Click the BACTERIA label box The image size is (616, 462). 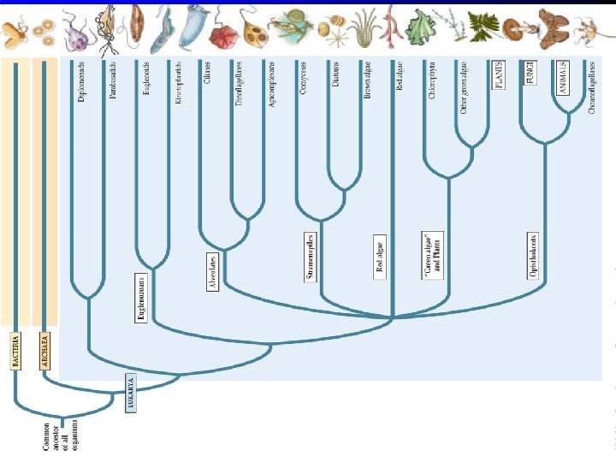15,352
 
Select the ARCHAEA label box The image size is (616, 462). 45,352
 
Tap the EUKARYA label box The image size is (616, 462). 131,394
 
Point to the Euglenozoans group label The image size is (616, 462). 142,298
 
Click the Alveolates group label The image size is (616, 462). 213,272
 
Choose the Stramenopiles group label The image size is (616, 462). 311,257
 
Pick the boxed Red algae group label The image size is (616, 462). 380,257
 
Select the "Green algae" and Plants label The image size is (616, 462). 434,255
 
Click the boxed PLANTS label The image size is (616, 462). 499,75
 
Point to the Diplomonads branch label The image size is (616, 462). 80,82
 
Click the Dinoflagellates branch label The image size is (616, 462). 239,84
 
